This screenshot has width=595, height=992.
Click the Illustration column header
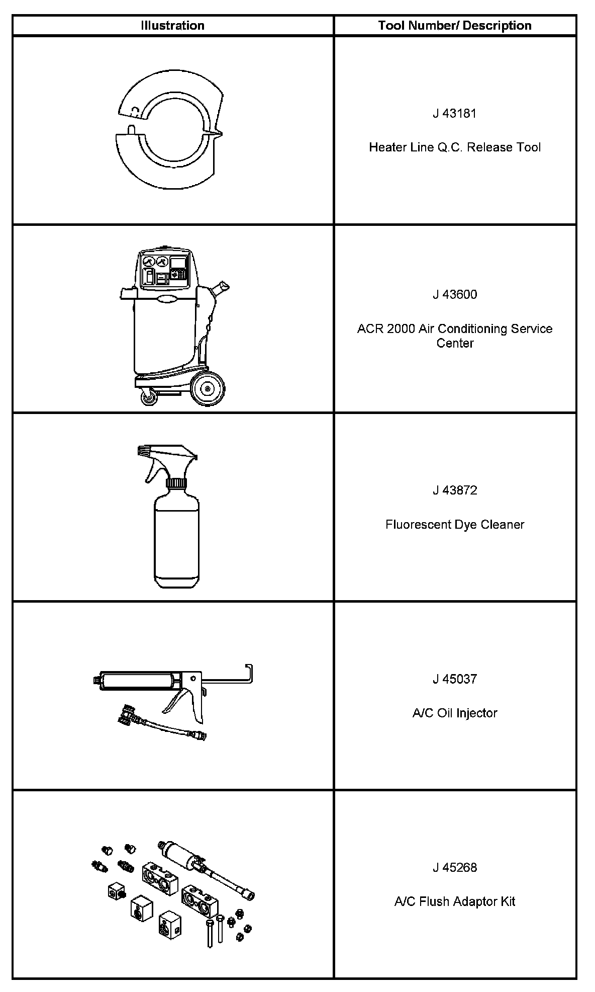pos(172,26)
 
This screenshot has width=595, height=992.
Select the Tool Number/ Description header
pos(454,26)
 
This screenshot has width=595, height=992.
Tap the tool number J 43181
pos(454,113)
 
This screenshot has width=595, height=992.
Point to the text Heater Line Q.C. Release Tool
pos(454,147)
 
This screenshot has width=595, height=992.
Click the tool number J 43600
pos(454,294)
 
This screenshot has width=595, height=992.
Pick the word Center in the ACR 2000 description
pos(454,343)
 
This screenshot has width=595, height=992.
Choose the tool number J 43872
pos(454,490)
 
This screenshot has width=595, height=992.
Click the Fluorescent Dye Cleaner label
pos(454,524)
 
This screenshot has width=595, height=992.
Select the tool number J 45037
pos(454,679)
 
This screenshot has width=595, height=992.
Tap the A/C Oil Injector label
pos(454,713)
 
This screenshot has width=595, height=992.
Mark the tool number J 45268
pos(454,867)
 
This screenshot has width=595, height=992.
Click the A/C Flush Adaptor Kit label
pos(454,901)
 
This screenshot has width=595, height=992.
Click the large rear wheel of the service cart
pos(208,388)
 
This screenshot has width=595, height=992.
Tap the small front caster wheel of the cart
pos(149,398)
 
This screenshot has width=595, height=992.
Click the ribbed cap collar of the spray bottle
pos(176,484)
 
